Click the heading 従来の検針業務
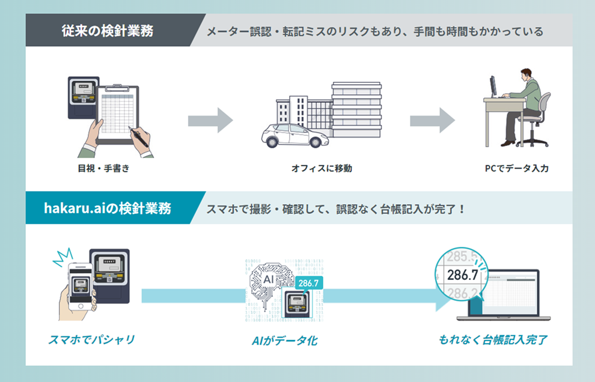(108, 31)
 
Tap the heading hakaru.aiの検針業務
(108, 208)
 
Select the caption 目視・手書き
(103, 168)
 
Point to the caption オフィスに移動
(322, 168)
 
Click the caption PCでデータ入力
(516, 168)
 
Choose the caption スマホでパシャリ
(91, 339)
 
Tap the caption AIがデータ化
(285, 341)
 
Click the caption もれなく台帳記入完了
(493, 339)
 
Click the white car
(294, 135)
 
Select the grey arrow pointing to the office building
(210, 120)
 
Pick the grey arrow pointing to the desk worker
(433, 120)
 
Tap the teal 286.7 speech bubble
(309, 283)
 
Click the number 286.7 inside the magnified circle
(462, 274)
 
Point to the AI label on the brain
(268, 279)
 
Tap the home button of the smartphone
(81, 306)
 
